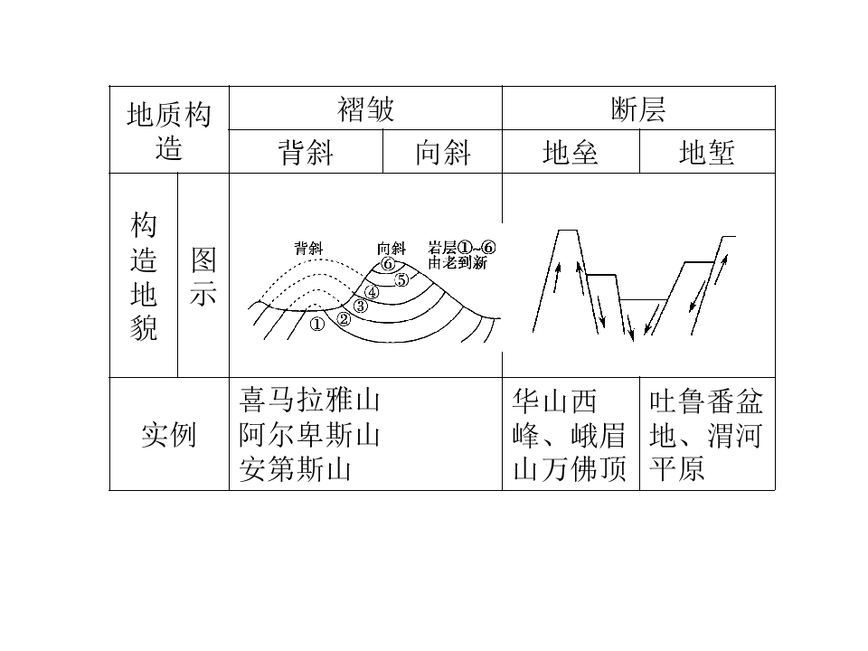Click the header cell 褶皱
365,108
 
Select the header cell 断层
638,108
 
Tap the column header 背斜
306,152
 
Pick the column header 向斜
443,152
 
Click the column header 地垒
571,152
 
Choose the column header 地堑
707,152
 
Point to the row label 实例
169,435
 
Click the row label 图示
203,277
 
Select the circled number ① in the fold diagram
317,324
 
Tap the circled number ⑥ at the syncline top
388,264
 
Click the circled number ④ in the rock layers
373,292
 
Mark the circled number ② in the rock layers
344,319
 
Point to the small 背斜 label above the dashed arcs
308,248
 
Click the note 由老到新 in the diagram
458,262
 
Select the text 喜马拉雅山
309,400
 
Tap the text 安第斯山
295,469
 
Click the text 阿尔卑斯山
309,435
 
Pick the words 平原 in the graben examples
677,469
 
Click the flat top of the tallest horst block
568,230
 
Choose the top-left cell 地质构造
169,130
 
